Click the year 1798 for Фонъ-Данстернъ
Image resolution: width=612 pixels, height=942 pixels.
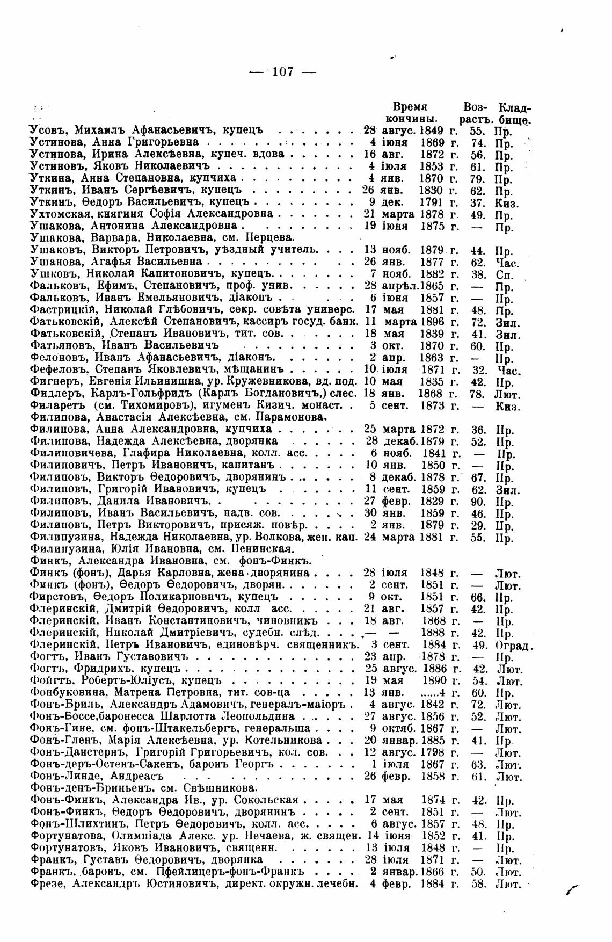[433, 753]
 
